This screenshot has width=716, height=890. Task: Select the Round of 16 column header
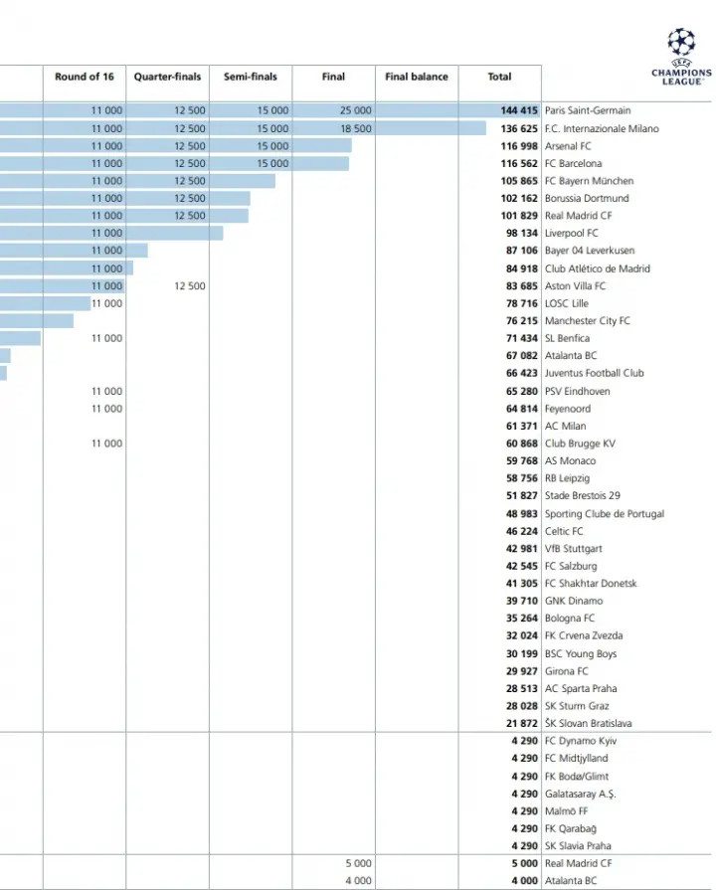click(85, 77)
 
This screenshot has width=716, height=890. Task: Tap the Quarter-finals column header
click(167, 77)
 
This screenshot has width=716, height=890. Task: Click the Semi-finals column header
click(251, 77)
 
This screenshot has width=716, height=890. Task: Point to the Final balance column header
click(417, 77)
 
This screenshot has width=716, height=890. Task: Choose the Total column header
click(499, 77)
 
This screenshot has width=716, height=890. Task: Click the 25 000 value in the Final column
click(355, 111)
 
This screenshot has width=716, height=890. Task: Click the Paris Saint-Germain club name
click(587, 111)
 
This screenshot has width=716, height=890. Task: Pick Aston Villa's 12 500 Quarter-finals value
click(189, 286)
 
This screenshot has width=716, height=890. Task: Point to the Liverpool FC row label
click(571, 234)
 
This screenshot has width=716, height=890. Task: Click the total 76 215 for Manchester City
click(522, 321)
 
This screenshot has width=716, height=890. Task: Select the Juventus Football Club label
click(594, 373)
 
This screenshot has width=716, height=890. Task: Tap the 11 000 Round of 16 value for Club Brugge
click(106, 444)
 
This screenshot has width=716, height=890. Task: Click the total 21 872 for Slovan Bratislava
click(522, 724)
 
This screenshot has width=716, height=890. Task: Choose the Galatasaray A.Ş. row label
click(580, 794)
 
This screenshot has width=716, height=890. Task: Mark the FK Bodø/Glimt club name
click(577, 777)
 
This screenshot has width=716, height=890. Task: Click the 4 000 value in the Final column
click(358, 881)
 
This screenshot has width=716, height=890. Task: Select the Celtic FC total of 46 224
click(522, 531)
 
